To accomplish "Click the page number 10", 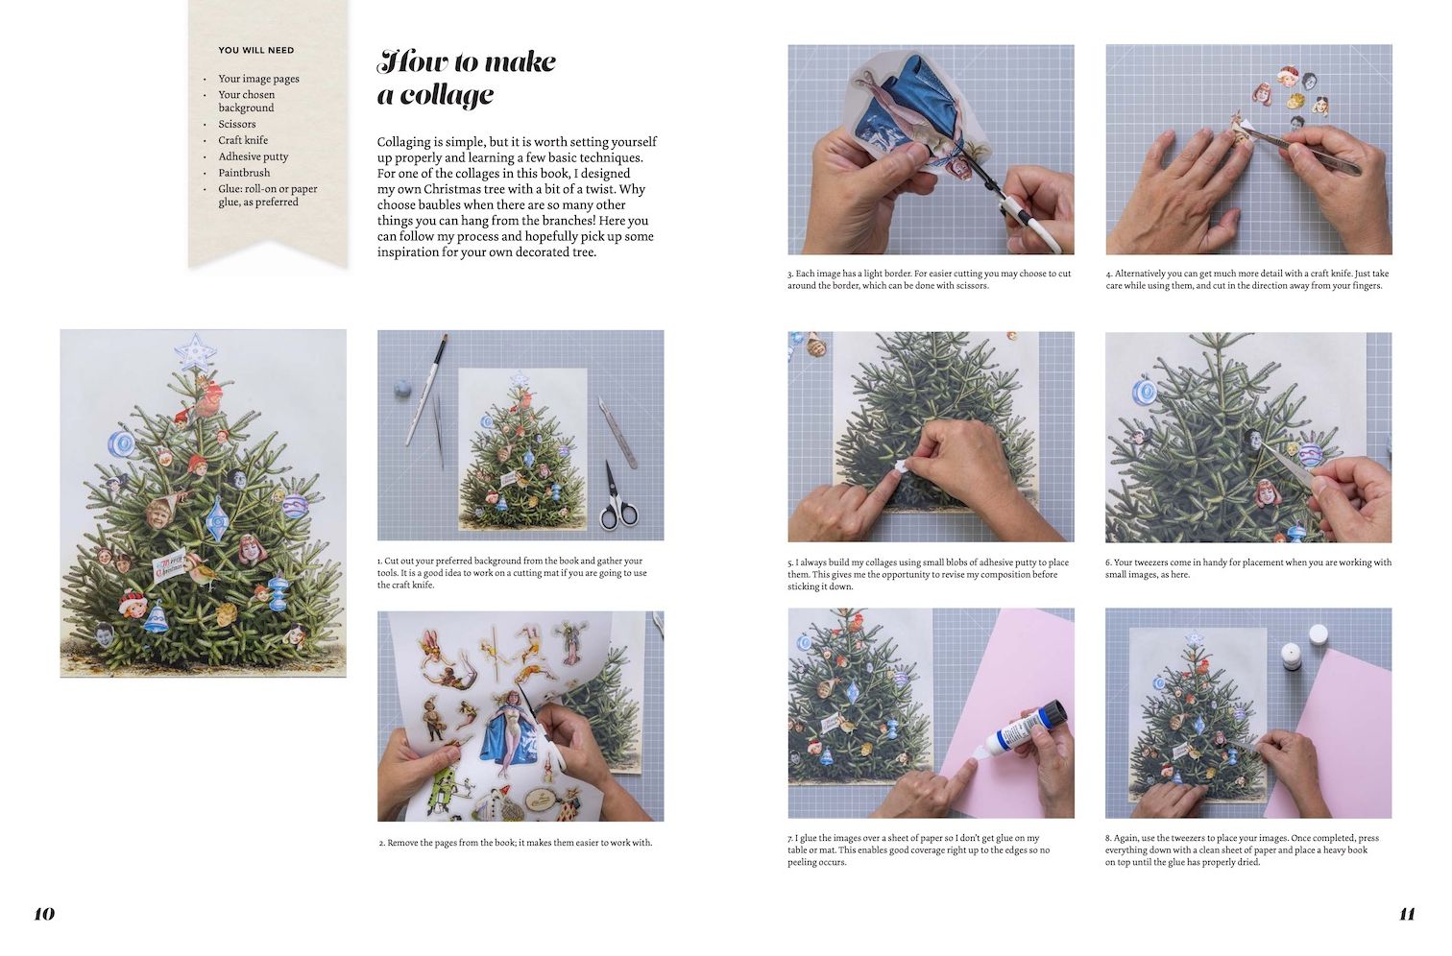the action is (x=44, y=914).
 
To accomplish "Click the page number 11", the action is (x=1407, y=914).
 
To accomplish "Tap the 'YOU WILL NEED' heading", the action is (x=256, y=51).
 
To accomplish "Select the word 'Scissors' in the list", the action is (x=236, y=124).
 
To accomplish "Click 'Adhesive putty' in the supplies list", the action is (x=253, y=156).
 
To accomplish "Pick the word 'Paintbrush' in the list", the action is (x=244, y=172).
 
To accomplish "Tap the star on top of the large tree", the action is (x=194, y=351).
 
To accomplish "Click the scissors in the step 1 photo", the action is (x=617, y=496).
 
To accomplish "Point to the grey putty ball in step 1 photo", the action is (x=401, y=389).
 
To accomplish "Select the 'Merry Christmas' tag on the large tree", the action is (x=170, y=565).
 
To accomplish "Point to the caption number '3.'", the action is (x=791, y=274).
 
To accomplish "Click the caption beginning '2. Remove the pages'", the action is (x=516, y=843).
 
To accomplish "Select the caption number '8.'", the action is (x=1109, y=838).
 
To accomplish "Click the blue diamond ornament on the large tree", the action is (x=215, y=519).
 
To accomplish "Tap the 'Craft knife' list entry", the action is (x=242, y=140).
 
